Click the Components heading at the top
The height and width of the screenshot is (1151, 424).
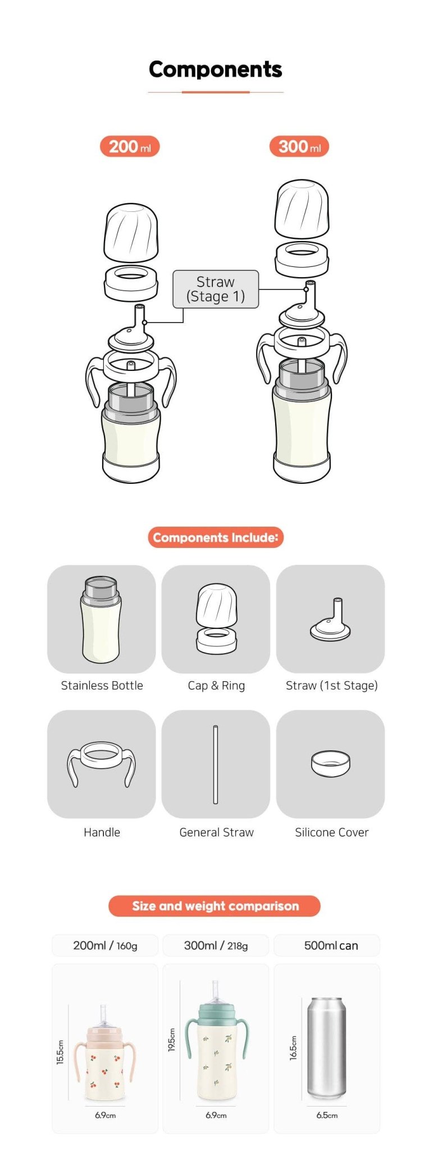pos(215,70)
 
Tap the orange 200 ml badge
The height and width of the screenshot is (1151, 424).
pos(130,147)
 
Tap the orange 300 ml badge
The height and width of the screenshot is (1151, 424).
pos(299,147)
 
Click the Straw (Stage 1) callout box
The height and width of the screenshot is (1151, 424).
pos(216,289)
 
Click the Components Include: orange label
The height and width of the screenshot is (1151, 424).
pos(216,537)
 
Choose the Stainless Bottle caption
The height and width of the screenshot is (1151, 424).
pos(102,686)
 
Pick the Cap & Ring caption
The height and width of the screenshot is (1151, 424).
pos(216,686)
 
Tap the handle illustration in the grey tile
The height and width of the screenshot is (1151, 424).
pos(102,763)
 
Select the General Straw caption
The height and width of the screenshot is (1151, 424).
pos(216,832)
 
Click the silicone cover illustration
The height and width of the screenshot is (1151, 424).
pos(331,763)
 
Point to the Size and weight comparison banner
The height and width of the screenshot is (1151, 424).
pos(215,906)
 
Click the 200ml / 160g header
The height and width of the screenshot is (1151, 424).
pos(105,946)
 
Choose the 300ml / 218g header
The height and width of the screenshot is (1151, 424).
pos(216,946)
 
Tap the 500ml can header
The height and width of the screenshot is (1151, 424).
pos(331,946)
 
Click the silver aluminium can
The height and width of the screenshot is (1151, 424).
pos(326,1048)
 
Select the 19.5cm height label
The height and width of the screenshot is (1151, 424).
pos(172,1040)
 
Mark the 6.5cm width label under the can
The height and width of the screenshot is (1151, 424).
pos(327,1116)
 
